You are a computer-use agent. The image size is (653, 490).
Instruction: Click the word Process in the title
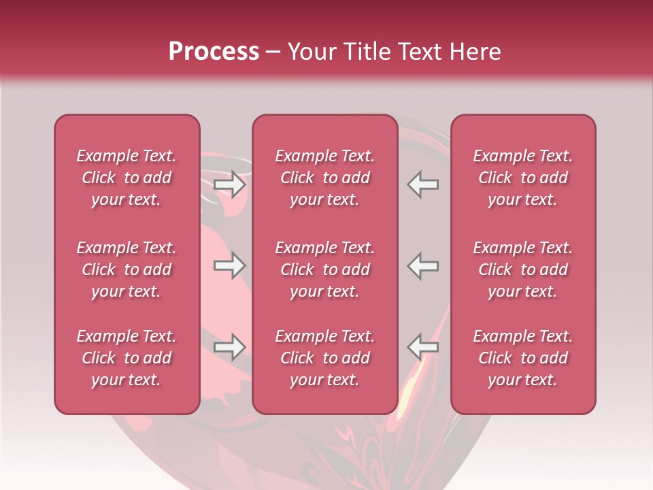pyautogui.click(x=214, y=52)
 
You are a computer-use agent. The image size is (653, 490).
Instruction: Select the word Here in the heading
pyautogui.click(x=475, y=52)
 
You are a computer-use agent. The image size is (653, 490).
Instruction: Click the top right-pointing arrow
pyautogui.click(x=230, y=184)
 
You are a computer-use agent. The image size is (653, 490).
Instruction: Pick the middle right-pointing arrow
pyautogui.click(x=230, y=266)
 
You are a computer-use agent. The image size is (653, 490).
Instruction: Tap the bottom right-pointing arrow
pyautogui.click(x=230, y=347)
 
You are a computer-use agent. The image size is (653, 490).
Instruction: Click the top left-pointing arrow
pyautogui.click(x=422, y=184)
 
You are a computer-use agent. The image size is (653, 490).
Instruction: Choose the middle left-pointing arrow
pyautogui.click(x=422, y=266)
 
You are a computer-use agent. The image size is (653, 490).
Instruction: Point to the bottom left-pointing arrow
pyautogui.click(x=422, y=347)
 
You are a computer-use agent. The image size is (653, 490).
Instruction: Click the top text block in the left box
pyautogui.click(x=127, y=178)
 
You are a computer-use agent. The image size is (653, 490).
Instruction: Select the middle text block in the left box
pyautogui.click(x=127, y=269)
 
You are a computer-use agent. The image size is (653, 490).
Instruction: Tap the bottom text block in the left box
pyautogui.click(x=127, y=358)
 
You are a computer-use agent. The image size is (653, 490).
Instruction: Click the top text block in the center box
pyautogui.click(x=325, y=178)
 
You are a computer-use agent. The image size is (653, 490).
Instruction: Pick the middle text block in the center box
pyautogui.click(x=325, y=269)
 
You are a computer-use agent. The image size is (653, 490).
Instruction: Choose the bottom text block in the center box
pyautogui.click(x=325, y=358)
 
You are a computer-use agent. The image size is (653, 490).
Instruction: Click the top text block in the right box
pyautogui.click(x=523, y=178)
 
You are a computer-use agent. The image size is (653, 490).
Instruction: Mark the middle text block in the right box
pyautogui.click(x=523, y=269)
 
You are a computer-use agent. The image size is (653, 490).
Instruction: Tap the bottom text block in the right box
pyautogui.click(x=523, y=358)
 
